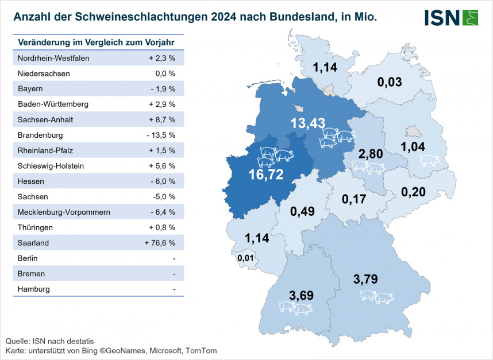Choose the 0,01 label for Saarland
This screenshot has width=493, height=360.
click(246, 258)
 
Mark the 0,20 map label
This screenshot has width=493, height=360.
click(414, 192)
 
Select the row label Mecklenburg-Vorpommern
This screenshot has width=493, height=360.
click(64, 212)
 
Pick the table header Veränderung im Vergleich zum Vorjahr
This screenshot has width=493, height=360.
click(96, 42)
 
